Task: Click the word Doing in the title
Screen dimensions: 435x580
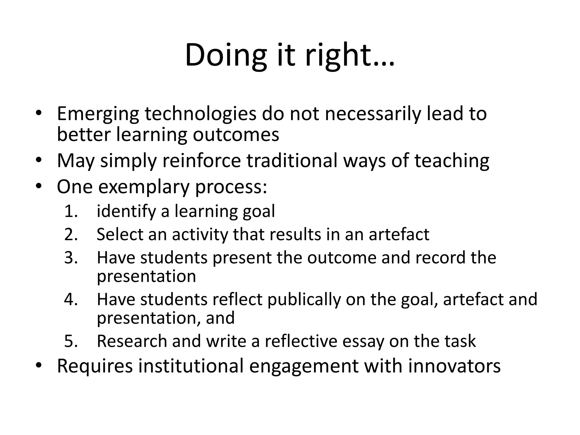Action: (x=226, y=55)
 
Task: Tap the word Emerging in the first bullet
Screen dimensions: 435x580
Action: (x=98, y=114)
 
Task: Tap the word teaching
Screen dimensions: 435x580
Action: (x=452, y=161)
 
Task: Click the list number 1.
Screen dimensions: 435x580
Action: (x=71, y=211)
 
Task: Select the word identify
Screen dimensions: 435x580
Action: (x=126, y=211)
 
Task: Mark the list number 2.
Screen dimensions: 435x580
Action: (x=71, y=234)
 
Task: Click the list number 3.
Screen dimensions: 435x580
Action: (x=71, y=258)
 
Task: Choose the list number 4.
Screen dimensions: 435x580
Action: (x=71, y=299)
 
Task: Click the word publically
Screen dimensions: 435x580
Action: (x=304, y=299)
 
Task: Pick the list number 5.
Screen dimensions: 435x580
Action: (x=71, y=341)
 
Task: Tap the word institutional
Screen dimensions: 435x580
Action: (x=191, y=366)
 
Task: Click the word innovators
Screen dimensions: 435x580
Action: (x=455, y=366)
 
